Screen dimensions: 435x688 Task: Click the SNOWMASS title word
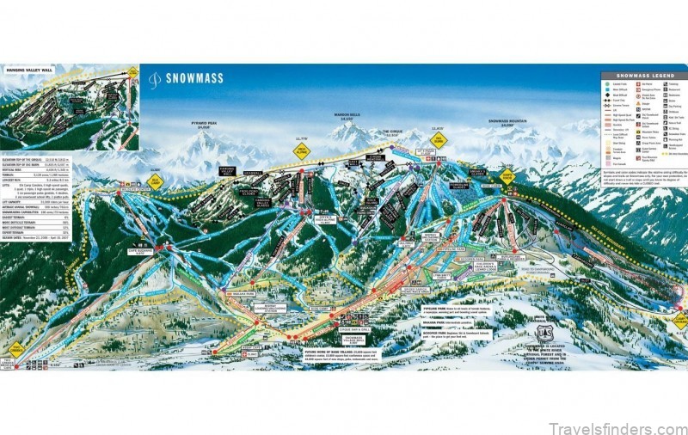tap(193, 78)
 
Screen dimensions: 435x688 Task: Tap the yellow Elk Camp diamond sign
tap(508, 175)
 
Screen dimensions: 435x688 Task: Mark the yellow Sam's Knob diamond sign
tap(155, 181)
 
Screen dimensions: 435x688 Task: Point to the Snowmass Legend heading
tap(642, 77)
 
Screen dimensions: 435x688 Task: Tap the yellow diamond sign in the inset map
tap(132, 72)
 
